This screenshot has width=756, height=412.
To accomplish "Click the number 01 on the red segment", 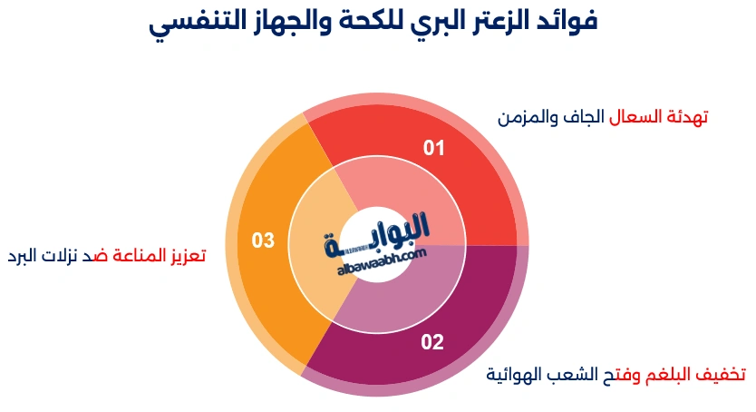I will coord(435,148).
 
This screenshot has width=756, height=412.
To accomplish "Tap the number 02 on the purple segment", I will coord(432,342).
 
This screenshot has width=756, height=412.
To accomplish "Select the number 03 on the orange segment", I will coord(263,240).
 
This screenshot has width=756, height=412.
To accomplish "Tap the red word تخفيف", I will coord(722,374).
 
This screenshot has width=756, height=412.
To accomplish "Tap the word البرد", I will coord(25,256).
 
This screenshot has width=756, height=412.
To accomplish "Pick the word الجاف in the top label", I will coord(586,117).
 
